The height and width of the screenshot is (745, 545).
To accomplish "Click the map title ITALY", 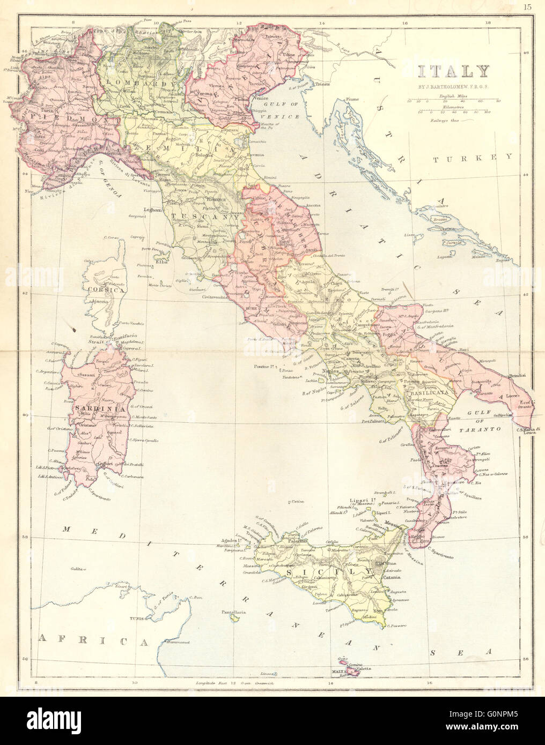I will click(x=453, y=71).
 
